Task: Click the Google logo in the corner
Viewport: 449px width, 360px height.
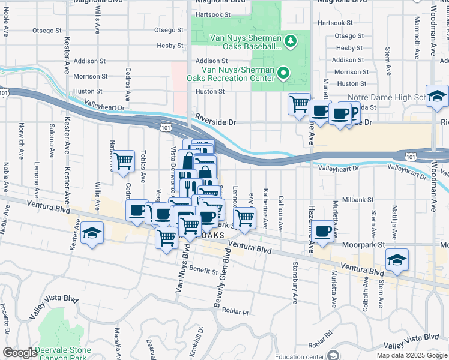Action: click(20, 353)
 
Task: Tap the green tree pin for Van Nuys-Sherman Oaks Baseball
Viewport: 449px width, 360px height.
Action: click(291, 41)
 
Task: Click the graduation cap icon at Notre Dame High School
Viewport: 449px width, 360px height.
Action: click(438, 95)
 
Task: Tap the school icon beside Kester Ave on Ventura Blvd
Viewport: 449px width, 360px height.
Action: click(92, 233)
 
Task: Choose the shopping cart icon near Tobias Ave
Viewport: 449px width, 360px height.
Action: click(123, 161)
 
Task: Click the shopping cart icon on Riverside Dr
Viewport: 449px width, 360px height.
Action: click(299, 104)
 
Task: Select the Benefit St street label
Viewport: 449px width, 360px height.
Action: click(202, 271)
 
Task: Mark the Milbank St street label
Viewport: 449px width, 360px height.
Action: click(358, 199)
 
